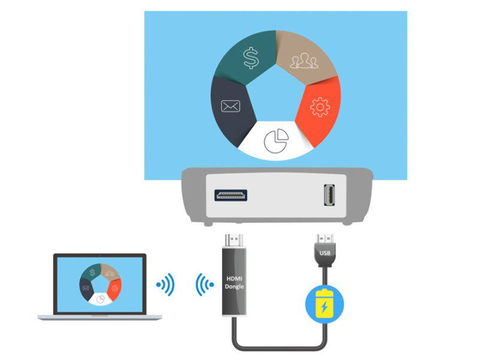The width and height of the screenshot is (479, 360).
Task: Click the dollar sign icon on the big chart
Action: (250, 58)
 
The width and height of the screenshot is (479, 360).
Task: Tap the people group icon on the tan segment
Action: (302, 61)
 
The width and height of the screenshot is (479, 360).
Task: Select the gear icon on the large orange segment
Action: (320, 107)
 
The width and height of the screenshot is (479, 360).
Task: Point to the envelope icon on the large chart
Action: (231, 107)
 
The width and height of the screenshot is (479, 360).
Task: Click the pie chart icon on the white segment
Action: (276, 140)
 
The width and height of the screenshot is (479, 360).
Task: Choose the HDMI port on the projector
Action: (231, 195)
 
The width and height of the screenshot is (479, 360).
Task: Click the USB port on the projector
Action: (328, 195)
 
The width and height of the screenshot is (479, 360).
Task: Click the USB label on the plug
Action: (326, 253)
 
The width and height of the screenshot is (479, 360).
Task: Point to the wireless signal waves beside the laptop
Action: (165, 285)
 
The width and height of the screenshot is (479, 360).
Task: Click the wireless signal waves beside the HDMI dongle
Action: (205, 285)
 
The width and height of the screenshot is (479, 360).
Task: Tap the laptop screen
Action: (100, 284)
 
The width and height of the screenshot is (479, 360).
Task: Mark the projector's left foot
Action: (208, 223)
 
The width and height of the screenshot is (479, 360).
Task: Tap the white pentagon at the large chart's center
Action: (276, 96)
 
